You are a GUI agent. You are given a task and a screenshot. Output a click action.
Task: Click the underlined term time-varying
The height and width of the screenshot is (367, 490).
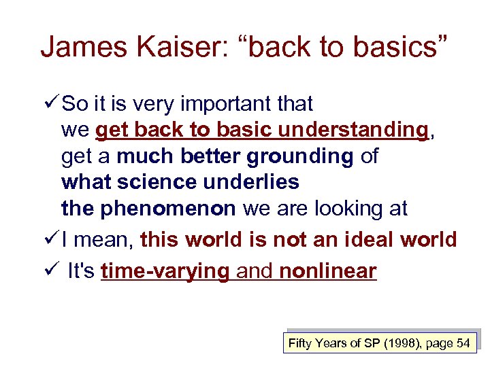point(165,270)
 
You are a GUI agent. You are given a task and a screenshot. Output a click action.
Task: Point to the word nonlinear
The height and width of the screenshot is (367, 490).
point(327,270)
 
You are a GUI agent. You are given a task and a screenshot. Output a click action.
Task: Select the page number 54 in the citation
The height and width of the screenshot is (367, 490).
point(463,343)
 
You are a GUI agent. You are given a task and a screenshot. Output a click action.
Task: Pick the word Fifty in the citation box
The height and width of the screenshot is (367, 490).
point(300,343)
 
